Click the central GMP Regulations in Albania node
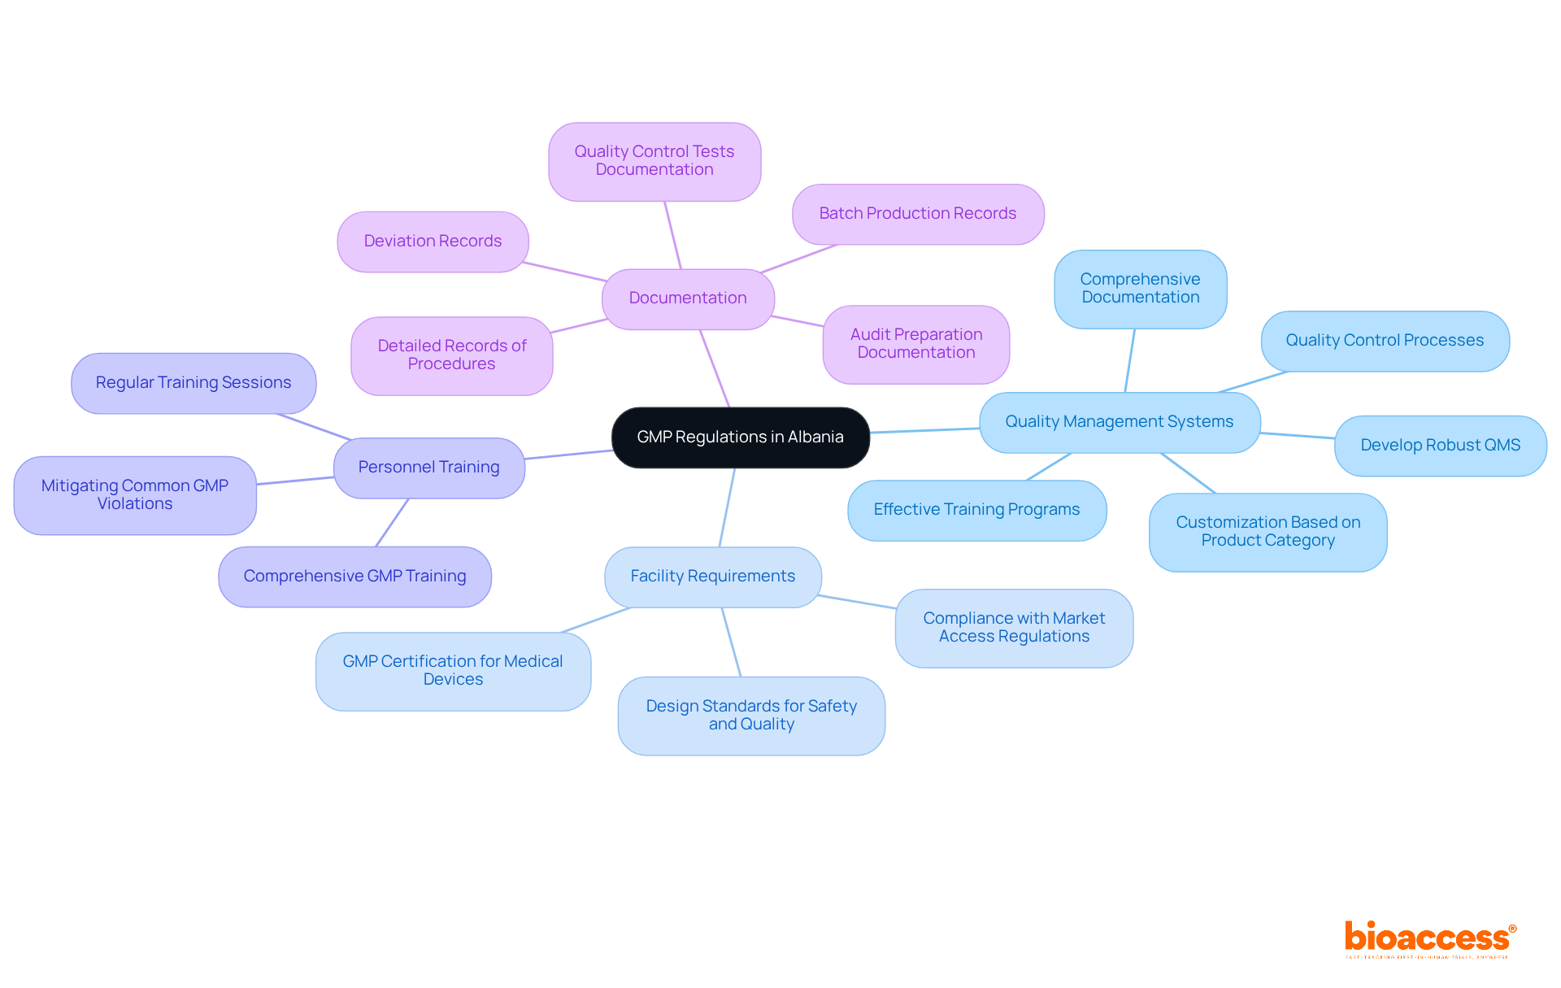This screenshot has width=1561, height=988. pyautogui.click(x=740, y=437)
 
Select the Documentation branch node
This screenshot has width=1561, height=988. pyautogui.click(x=688, y=298)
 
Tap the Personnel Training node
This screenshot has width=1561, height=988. pyautogui.click(x=428, y=468)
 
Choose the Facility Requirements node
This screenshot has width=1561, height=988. pyautogui.click(x=712, y=577)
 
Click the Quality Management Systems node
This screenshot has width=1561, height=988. pyautogui.click(x=1119, y=422)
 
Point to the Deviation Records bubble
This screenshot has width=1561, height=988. pyautogui.click(x=433, y=242)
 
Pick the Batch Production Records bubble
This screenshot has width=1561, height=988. pyautogui.click(x=917, y=214)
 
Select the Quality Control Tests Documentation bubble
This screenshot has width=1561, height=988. pyautogui.click(x=654, y=161)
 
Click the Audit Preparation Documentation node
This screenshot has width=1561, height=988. pyautogui.click(x=915, y=344)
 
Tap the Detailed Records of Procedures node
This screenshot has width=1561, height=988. pyautogui.click(x=451, y=355)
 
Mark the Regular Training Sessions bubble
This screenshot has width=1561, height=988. pyautogui.click(x=193, y=383)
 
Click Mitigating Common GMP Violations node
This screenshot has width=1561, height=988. pyautogui.click(x=135, y=495)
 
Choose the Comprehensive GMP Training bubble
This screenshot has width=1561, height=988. pyautogui.click(x=354, y=577)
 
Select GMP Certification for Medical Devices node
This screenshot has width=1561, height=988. pyautogui.click(x=453, y=671)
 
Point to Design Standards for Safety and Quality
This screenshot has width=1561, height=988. pyautogui.click(x=751, y=716)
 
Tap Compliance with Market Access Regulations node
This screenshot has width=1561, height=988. pyautogui.click(x=1014, y=628)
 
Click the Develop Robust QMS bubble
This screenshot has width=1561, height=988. pyautogui.click(x=1440, y=446)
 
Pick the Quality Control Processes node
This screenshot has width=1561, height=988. pyautogui.click(x=1385, y=341)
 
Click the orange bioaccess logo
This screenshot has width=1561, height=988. pyautogui.click(x=1429, y=938)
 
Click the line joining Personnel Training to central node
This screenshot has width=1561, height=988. pyautogui.click(x=568, y=455)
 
